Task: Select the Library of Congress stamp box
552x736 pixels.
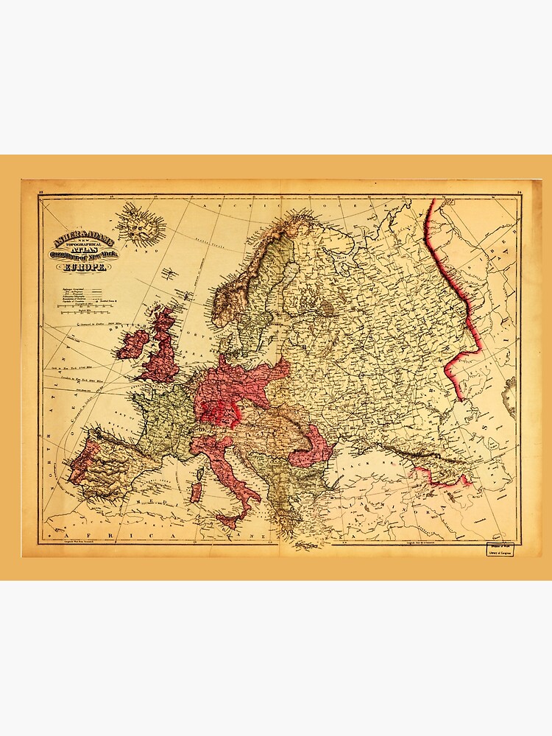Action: click(x=499, y=550)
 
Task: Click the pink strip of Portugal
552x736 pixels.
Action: click(x=79, y=460)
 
